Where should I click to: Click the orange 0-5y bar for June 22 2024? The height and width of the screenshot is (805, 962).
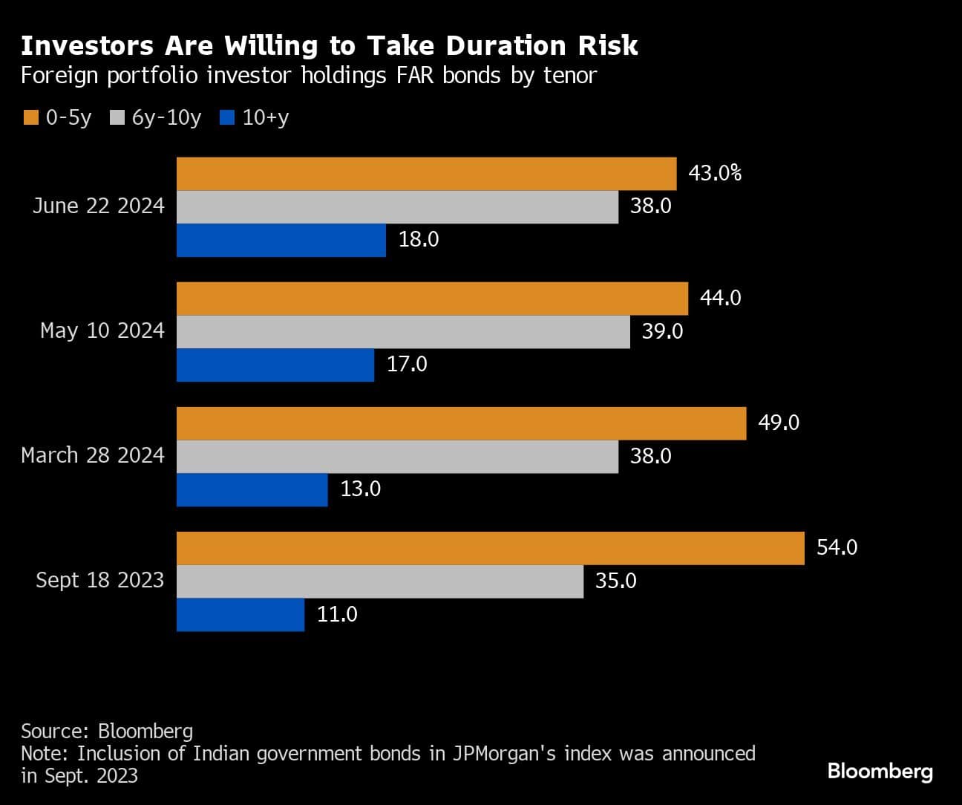(426, 174)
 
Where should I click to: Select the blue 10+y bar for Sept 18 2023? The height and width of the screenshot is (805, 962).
(240, 615)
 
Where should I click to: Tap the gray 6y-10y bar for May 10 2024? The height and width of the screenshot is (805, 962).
(403, 331)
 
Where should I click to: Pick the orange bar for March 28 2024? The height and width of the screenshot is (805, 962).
(461, 423)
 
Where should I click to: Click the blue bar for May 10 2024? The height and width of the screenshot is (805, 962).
(275, 365)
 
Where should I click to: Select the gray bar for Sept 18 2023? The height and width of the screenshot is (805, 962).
(380, 581)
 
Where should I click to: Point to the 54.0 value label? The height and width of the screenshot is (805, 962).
(837, 548)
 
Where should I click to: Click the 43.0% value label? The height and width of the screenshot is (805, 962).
(715, 174)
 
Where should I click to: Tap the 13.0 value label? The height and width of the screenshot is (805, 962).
(360, 489)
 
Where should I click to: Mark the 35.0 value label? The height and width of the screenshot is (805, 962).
(615, 581)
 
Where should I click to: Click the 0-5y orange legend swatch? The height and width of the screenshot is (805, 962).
(30, 118)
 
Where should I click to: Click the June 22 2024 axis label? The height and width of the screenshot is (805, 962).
(98, 206)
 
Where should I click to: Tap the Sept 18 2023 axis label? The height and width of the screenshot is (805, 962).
(99, 580)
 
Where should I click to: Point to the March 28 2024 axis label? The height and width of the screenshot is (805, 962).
(93, 455)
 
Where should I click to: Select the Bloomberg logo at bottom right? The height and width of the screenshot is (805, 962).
(880, 771)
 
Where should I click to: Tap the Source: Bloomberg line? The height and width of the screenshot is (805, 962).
(107, 731)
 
